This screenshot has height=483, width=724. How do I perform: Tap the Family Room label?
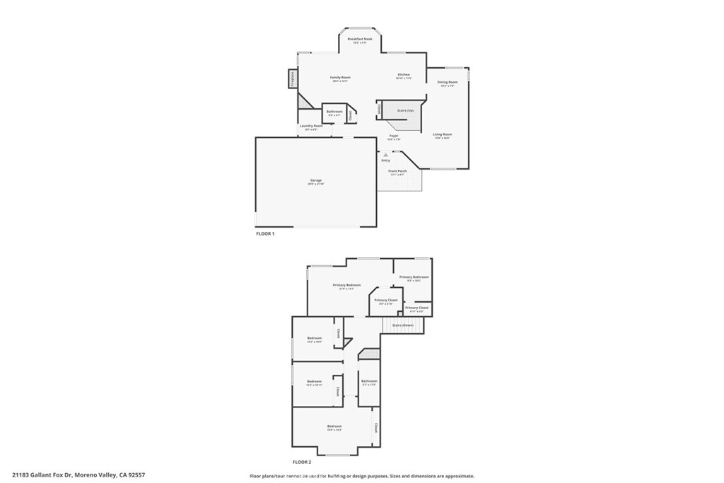tap(341, 78)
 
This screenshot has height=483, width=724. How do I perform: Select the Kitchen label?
tap(403, 75)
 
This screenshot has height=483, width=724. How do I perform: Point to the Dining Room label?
tap(448, 83)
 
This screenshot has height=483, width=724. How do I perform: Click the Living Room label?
tap(443, 134)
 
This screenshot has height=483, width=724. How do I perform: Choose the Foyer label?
tap(394, 136)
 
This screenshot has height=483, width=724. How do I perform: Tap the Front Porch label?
tap(397, 171)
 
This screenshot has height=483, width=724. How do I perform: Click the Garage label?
tap(315, 181)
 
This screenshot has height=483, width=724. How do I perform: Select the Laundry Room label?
tap(311, 127)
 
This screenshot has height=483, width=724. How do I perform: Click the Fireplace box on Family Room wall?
tap(292, 78)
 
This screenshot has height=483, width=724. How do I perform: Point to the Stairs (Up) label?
tap(405, 110)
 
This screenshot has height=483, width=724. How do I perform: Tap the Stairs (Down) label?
tap(403, 325)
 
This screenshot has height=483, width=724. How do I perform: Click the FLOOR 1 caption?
tap(264, 233)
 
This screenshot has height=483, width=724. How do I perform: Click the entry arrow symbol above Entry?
tap(385, 153)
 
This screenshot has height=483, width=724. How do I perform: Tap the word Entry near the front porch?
tap(385, 161)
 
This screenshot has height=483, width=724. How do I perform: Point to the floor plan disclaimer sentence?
tap(361, 476)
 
